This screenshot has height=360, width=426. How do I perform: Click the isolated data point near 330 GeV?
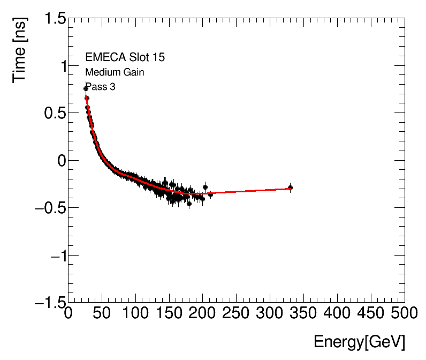(x=290, y=187)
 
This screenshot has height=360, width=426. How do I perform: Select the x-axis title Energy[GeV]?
(x=359, y=342)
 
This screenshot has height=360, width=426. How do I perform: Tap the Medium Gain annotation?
(x=114, y=72)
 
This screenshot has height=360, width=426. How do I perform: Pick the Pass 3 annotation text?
(x=100, y=86)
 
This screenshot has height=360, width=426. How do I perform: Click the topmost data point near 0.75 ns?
(x=86, y=89)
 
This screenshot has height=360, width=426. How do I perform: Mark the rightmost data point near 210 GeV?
(x=210, y=194)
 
